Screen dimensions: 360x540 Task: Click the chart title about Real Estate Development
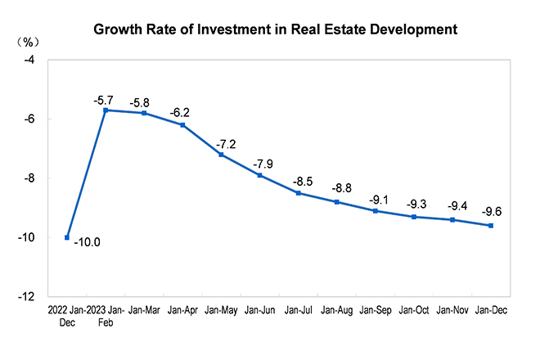pos(274,31)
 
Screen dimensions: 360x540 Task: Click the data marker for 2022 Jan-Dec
pos(67,237)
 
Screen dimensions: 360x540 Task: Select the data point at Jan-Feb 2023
pos(106,110)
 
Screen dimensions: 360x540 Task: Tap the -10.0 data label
pos(88,243)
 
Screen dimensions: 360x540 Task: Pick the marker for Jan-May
pos(221,155)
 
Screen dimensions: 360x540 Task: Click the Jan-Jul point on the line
pos(298,193)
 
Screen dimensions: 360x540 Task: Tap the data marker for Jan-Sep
pos(375,211)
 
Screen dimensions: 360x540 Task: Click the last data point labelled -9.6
pos(491,226)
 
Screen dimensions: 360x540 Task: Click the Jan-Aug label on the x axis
pos(337,311)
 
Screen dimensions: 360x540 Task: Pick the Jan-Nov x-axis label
pos(453,311)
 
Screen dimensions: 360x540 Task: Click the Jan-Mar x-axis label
pos(144,311)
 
